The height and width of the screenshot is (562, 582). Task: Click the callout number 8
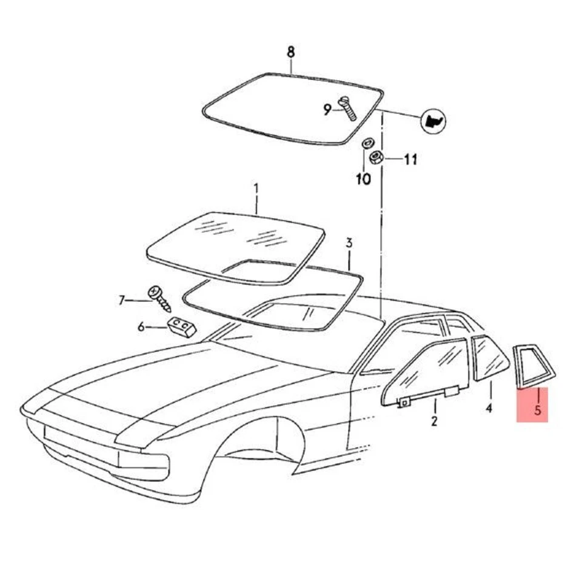click(x=291, y=52)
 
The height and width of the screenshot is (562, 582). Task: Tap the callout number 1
click(x=256, y=189)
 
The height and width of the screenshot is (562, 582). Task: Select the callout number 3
click(x=349, y=243)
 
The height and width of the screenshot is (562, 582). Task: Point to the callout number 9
click(x=327, y=110)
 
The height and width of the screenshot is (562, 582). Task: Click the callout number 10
click(x=363, y=179)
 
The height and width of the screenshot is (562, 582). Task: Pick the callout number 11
click(x=410, y=160)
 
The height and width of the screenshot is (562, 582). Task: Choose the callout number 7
click(x=122, y=299)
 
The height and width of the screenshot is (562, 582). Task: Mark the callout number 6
click(x=141, y=327)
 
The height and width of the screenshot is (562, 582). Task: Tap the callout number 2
click(x=434, y=421)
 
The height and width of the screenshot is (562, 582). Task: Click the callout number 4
click(x=489, y=409)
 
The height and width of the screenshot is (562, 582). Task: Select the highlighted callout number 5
click(x=537, y=410)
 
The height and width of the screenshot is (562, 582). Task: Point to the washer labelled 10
click(x=366, y=144)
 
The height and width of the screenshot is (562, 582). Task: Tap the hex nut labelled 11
click(x=375, y=158)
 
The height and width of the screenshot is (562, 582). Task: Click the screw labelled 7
click(x=159, y=298)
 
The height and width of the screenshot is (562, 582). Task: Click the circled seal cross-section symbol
click(x=433, y=121)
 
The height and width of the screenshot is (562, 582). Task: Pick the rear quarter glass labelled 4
click(x=489, y=359)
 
